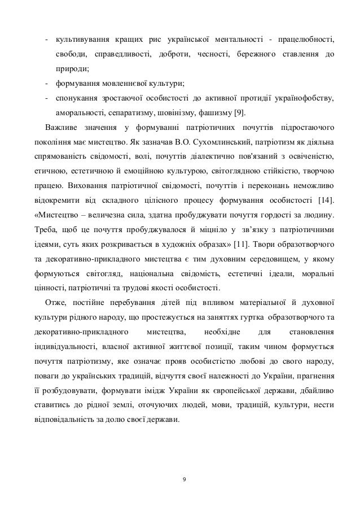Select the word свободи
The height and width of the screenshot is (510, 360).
(x=72, y=54)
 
